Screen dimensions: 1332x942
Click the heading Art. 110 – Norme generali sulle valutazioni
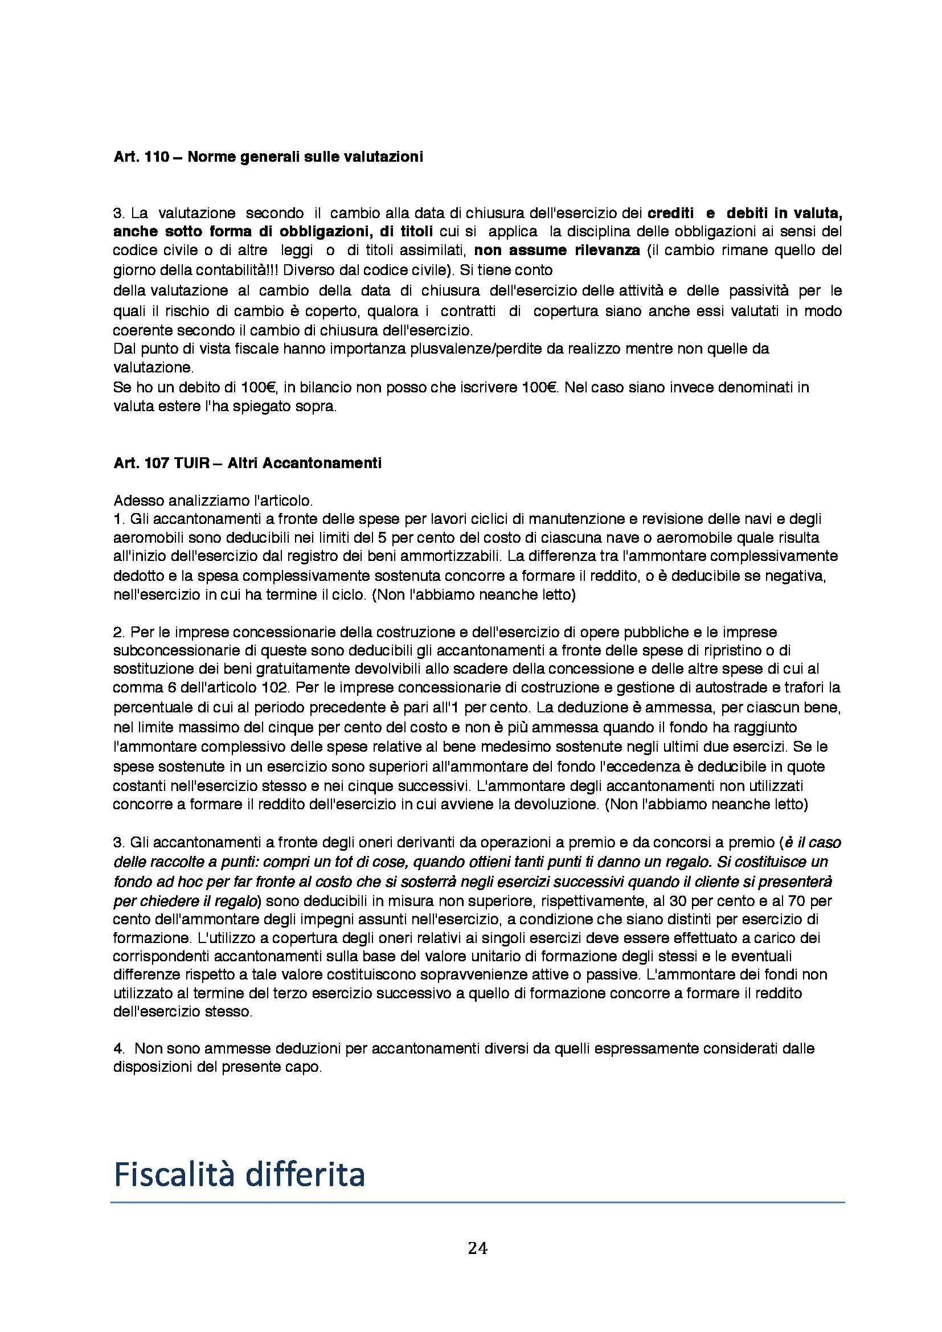(x=268, y=157)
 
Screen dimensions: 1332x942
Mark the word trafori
(x=786, y=688)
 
